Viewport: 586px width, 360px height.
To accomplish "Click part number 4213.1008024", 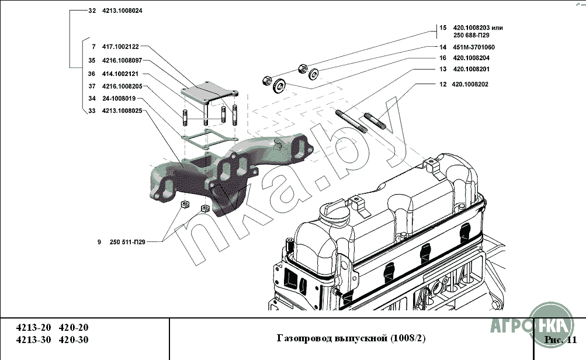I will pos(122,11).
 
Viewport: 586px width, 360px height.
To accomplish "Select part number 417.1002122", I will pos(120,46).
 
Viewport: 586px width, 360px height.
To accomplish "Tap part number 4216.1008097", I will pos(122,60).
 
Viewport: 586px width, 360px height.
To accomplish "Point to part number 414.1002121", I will pos(120,74).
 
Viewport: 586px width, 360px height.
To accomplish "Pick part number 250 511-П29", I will pos(127,241).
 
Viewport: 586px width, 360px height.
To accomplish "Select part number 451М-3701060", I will pos(474,47).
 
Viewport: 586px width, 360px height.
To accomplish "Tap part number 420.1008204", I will pos(471,58).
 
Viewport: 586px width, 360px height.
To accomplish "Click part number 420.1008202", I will pos(470,84).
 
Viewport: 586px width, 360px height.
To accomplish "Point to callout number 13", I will pos(443,69).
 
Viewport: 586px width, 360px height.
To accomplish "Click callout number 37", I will pos(92,86).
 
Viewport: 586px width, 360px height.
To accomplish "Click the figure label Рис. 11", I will pos(560,340).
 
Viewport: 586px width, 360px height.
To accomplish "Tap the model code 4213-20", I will pos(30,328).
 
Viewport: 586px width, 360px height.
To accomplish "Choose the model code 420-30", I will pos(75,340).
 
